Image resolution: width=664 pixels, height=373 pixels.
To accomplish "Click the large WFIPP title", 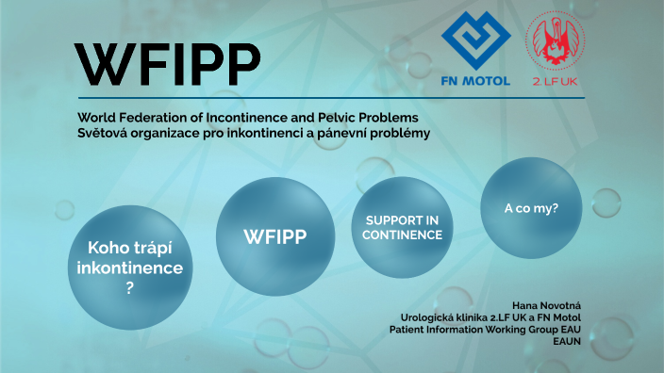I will (x=168, y=63).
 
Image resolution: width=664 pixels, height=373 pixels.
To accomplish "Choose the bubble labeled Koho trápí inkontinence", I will (x=130, y=268).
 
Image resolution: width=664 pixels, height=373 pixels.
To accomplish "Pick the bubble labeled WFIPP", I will (x=275, y=235).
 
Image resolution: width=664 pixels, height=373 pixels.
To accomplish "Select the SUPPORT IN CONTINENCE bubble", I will (x=402, y=228).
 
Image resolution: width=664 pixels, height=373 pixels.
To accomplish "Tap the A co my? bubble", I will (x=531, y=207).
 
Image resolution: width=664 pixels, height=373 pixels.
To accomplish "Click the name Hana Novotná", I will (x=546, y=306).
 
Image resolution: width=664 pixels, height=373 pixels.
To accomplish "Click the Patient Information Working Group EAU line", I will (x=485, y=330).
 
